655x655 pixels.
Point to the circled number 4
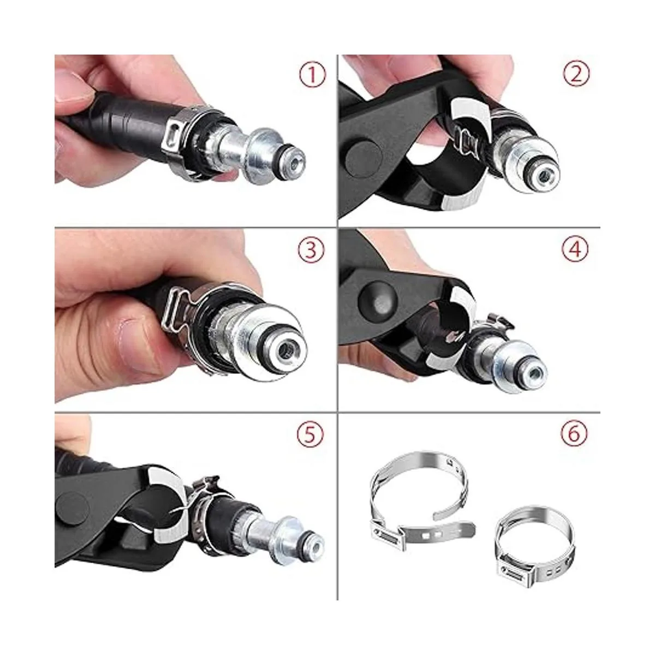click(x=575, y=249)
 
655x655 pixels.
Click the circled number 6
click(x=574, y=434)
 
